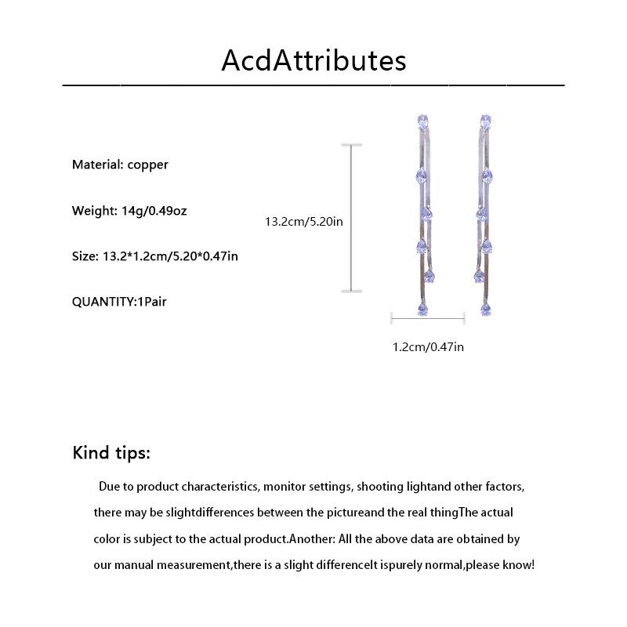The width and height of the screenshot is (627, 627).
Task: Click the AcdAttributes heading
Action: (313, 60)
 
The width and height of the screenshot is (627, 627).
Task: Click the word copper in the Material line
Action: (148, 165)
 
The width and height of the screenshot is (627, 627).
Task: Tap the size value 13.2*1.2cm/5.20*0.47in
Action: (171, 256)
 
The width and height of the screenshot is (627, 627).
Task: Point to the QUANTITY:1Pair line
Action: (119, 301)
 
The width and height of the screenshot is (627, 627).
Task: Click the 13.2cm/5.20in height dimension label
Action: (304, 222)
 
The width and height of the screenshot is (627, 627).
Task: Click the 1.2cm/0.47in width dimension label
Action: (428, 346)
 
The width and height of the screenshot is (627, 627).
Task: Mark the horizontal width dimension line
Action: (428, 317)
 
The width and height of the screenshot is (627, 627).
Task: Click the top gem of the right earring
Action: (486, 121)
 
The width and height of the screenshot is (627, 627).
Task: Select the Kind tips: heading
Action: (111, 453)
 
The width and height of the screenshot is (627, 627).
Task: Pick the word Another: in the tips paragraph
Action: (316, 539)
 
